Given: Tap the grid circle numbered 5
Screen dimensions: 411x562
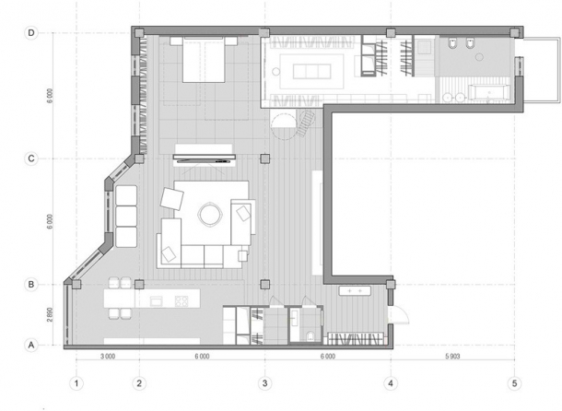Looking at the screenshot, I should pos(514,382).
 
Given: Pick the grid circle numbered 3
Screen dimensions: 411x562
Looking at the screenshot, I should pos(264,382).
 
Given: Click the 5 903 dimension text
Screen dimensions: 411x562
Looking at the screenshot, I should pos(451,356).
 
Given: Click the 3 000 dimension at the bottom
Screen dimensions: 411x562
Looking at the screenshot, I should pos(108,356).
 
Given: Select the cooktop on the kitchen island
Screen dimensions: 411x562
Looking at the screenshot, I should pos(182,300).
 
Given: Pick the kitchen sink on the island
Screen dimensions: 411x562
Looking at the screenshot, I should pos(156,300).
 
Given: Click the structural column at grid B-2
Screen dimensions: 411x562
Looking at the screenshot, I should pos(139,284).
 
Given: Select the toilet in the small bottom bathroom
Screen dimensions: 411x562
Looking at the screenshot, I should pos(313,333).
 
